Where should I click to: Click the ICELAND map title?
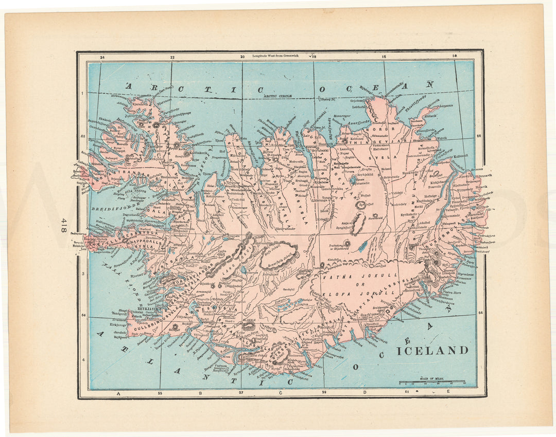point(432,351)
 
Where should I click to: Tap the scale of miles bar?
point(432,383)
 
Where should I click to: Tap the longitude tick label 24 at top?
point(102,58)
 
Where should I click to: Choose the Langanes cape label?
point(446,105)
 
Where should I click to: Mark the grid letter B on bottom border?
point(200,393)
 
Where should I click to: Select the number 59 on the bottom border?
point(324,393)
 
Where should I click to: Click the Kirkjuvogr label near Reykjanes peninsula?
point(118,325)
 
